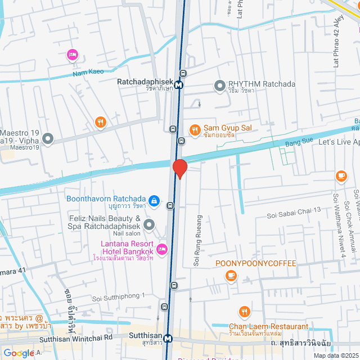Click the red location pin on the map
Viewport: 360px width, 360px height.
(x=179, y=169)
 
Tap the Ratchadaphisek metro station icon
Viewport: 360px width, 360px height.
(x=178, y=85)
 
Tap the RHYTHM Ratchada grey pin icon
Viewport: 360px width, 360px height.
(x=219, y=86)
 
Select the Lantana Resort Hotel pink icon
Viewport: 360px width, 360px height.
(x=162, y=249)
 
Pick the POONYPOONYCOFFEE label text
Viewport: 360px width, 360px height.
(x=256, y=263)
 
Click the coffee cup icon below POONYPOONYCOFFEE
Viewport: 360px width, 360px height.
(x=231, y=275)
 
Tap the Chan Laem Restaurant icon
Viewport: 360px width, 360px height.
(x=244, y=312)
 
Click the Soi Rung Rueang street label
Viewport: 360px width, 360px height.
(x=197, y=240)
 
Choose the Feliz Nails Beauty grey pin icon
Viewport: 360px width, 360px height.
(x=149, y=225)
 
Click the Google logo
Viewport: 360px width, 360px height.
(x=19, y=353)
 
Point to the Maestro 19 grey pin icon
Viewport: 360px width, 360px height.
(x=48, y=138)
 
